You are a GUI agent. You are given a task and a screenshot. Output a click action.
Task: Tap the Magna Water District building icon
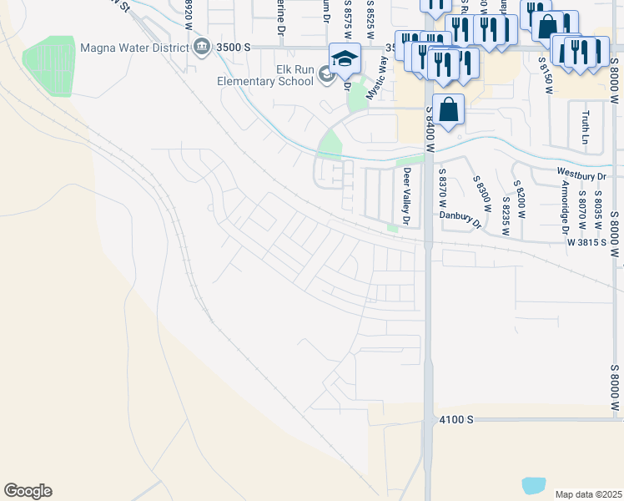(201, 48)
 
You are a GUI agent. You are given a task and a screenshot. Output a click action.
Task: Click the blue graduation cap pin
(345, 58)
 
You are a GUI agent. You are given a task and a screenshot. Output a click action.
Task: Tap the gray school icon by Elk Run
(326, 77)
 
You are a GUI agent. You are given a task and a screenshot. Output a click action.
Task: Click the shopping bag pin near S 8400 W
(448, 109)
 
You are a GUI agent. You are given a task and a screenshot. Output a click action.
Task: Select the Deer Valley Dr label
(407, 197)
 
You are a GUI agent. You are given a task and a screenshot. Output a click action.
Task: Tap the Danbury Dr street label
(461, 219)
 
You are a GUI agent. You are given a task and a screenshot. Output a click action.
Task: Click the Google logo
(28, 490)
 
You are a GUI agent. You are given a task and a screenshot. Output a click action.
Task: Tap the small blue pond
(533, 484)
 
